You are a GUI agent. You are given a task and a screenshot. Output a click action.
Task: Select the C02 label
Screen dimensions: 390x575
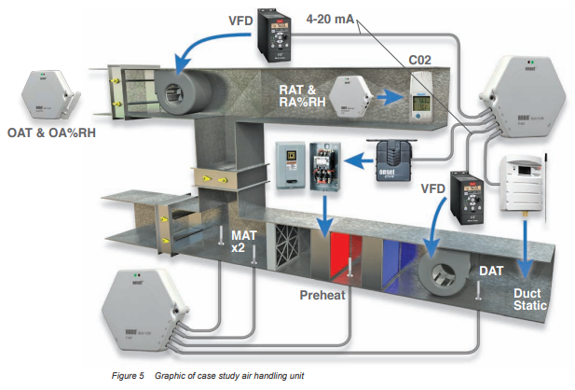[x=421, y=61]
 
